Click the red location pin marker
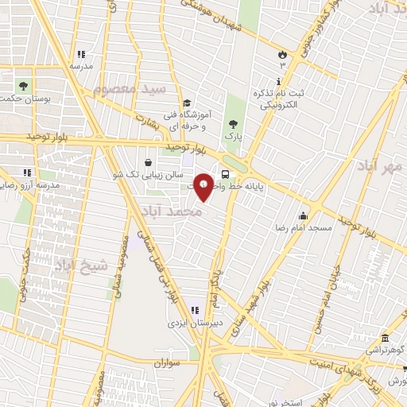(204, 185)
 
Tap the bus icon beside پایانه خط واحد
(226, 174)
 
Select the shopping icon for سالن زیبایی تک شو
(149, 162)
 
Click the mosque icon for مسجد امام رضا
(302, 215)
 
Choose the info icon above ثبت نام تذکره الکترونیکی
(277, 82)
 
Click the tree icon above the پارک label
(232, 123)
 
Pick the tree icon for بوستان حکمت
(24, 85)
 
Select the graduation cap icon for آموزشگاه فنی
(186, 103)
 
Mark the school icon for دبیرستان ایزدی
(196, 310)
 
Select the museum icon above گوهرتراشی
(386, 337)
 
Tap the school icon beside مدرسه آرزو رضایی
(27, 172)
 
